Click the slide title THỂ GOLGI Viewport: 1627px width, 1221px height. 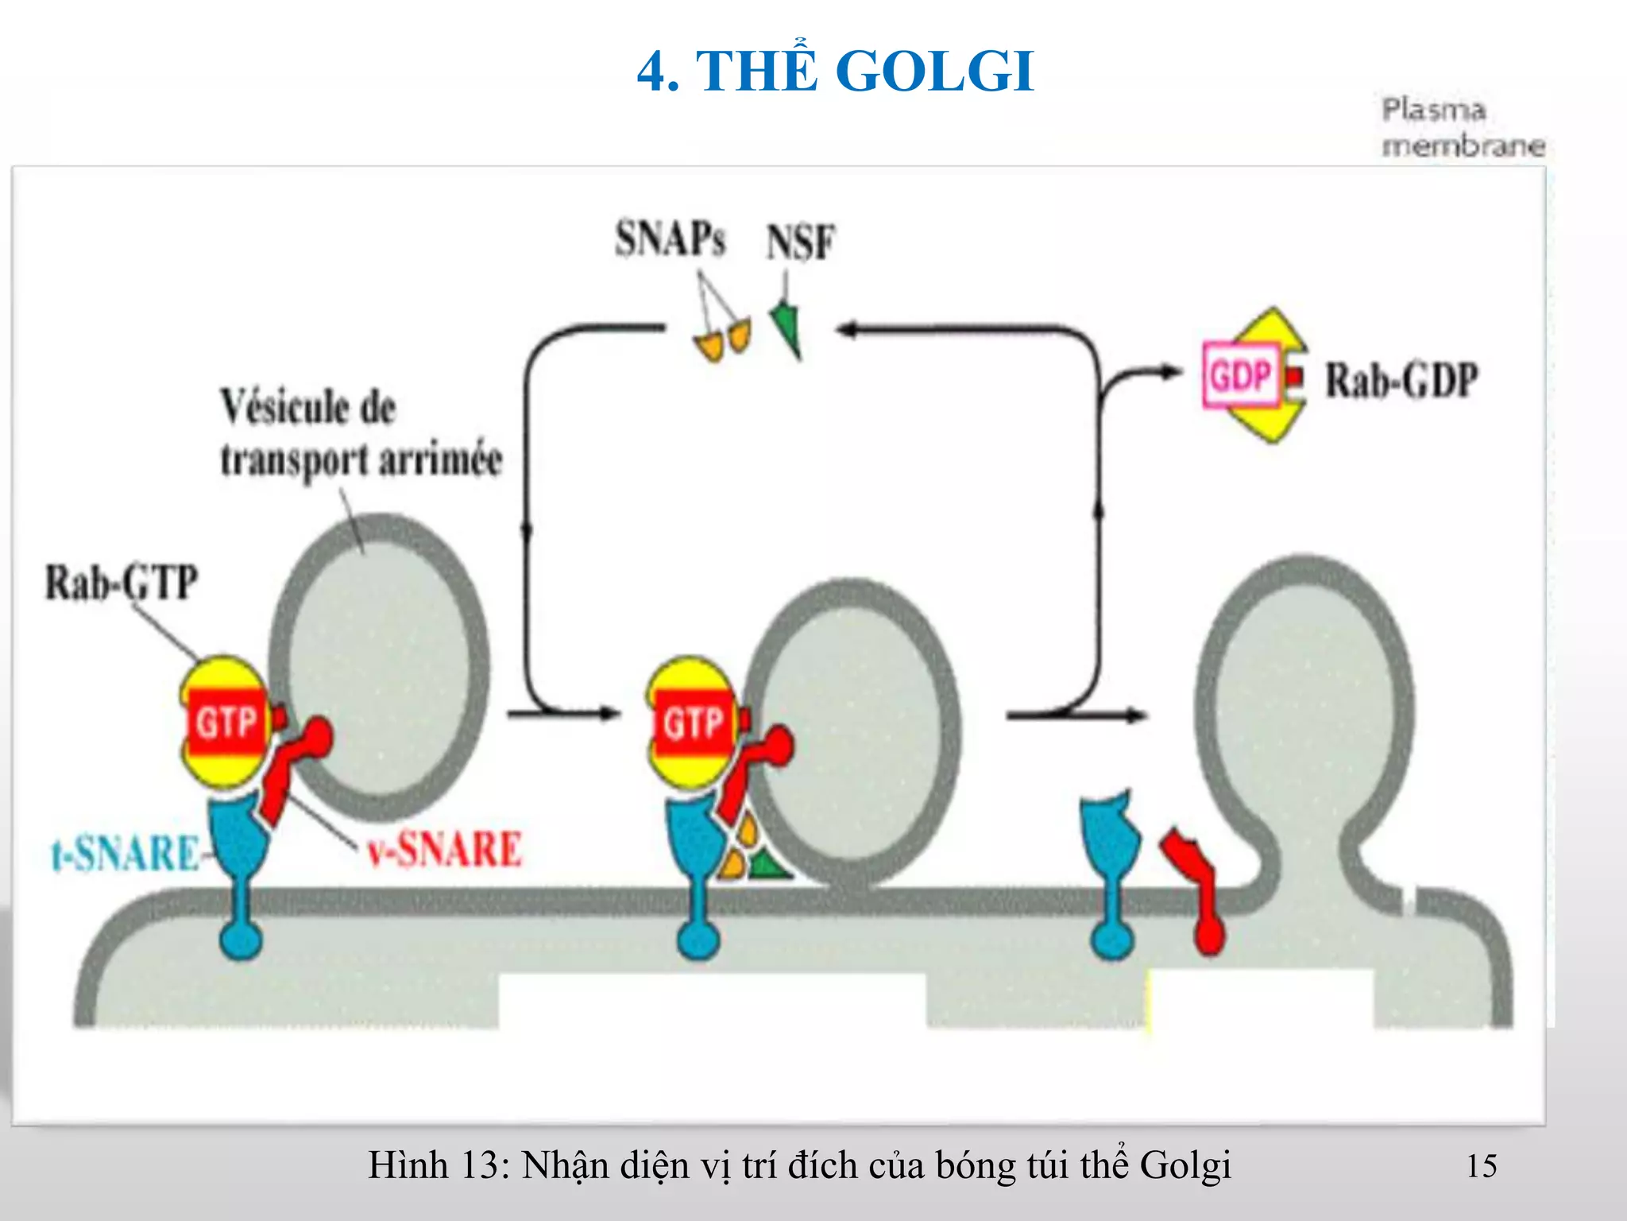pos(835,72)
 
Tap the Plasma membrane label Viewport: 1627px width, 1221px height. pos(1462,127)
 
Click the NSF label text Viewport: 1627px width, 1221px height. pos(800,242)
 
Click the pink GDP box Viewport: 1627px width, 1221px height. pos(1241,374)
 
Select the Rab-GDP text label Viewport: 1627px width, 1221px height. pos(1401,379)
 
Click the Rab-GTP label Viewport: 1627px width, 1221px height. pos(121,582)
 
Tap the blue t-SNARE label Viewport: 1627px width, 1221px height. pos(126,853)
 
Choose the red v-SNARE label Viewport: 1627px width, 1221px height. pos(444,848)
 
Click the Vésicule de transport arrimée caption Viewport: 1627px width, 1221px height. pos(361,433)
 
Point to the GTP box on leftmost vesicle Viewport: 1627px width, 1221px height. pos(226,722)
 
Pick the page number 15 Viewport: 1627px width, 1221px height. pos(1481,1166)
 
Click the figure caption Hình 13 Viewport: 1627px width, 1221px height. pos(798,1166)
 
